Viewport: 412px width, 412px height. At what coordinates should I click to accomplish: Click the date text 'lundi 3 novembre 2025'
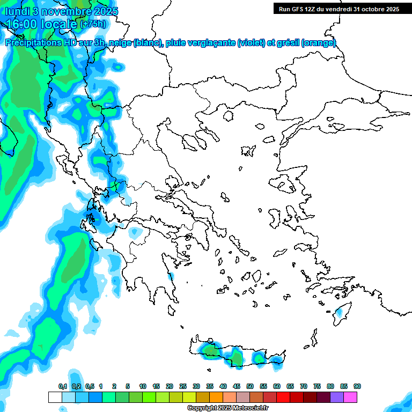(62, 11)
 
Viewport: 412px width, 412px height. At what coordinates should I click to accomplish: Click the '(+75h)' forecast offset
(93, 24)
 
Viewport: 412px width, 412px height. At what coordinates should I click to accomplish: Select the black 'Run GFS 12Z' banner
(339, 9)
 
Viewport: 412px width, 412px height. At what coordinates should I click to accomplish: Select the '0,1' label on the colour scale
(62, 387)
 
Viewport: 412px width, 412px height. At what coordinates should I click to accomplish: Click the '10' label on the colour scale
(143, 387)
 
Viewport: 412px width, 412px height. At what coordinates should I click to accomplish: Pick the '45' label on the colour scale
(237, 387)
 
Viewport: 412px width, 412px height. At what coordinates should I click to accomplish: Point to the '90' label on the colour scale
(357, 387)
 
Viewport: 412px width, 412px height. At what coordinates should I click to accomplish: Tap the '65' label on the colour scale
(290, 387)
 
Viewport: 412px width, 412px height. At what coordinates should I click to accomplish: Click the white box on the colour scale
(55, 397)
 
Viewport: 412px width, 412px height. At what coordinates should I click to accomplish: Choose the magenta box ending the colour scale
(350, 397)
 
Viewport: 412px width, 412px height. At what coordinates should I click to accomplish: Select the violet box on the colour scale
(337, 397)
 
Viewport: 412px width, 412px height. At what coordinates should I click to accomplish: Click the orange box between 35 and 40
(216, 397)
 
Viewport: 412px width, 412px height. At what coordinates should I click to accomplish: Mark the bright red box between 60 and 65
(283, 397)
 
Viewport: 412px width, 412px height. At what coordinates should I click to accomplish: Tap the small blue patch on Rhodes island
(339, 312)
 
